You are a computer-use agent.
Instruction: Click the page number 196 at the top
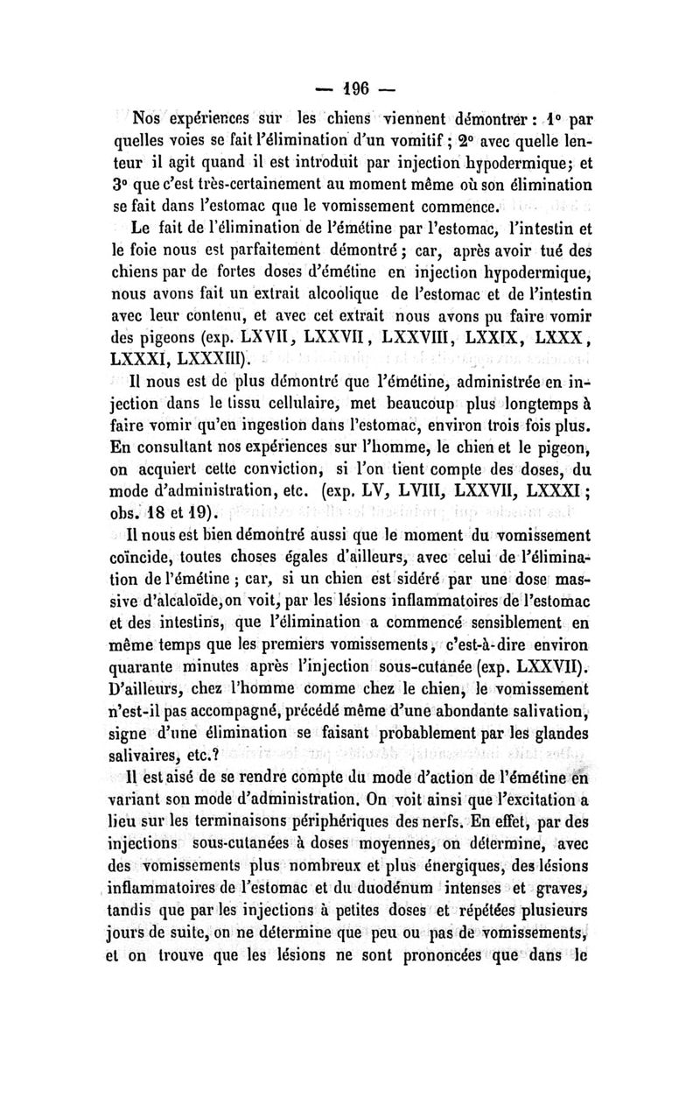pyautogui.click(x=350, y=88)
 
